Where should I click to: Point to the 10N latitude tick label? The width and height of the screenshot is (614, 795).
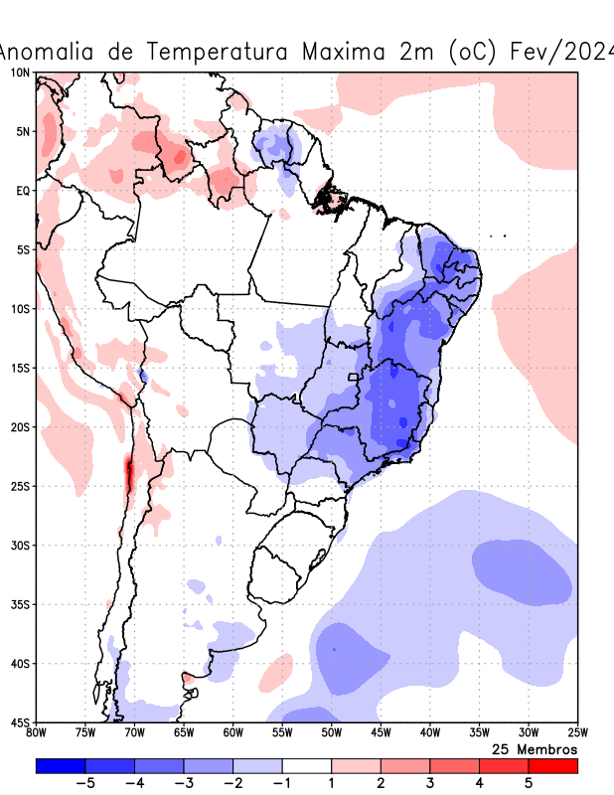20,73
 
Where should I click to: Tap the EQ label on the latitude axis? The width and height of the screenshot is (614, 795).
22,190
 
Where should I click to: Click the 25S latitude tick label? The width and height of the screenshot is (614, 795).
20,486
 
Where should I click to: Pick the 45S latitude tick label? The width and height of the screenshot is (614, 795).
20,722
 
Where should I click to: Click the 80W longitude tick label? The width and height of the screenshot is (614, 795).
37,733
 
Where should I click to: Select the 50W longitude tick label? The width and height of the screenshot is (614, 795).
332,733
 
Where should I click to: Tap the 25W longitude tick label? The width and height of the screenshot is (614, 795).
576,733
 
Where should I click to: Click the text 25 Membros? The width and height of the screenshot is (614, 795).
535,748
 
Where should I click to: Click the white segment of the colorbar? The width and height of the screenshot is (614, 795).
307,766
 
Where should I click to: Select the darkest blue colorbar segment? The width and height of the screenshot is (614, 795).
61,766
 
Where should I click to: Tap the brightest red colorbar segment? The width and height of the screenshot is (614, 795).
552,766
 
